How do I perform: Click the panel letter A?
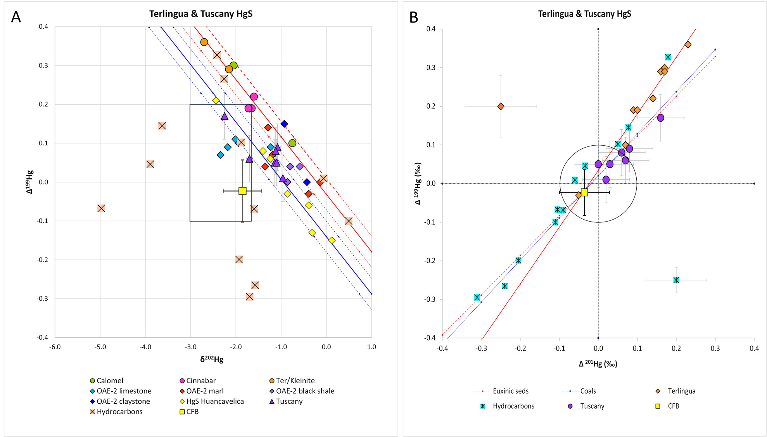[x=16, y=17]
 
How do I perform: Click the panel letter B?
[x=414, y=17]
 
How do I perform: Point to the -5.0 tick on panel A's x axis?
[x=100, y=347]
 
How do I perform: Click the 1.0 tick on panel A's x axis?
[x=371, y=347]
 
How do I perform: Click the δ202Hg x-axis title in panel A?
[x=212, y=359]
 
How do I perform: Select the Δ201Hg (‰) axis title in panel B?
[x=598, y=363]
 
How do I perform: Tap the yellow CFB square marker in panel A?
[x=242, y=191]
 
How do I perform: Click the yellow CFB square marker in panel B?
[x=584, y=192]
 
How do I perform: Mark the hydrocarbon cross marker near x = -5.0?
[x=101, y=208]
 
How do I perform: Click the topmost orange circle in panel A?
[x=204, y=42]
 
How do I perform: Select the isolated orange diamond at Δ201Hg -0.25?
[x=501, y=106]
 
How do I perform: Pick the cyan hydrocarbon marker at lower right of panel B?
[x=676, y=280]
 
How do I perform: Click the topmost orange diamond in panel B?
[x=688, y=45]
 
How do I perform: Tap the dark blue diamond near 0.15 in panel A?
[x=284, y=124]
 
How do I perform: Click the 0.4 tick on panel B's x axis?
[x=754, y=348]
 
